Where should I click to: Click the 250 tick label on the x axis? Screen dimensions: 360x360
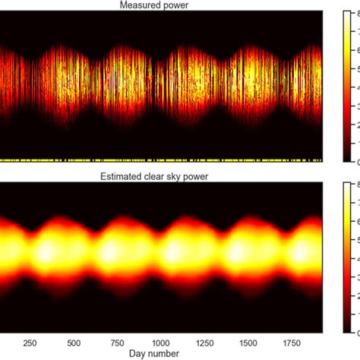32,343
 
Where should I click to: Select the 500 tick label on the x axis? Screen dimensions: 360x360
74,343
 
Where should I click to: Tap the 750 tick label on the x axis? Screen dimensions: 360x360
117,343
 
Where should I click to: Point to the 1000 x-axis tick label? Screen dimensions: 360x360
160,343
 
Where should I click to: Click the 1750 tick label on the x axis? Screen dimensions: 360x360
289,343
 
